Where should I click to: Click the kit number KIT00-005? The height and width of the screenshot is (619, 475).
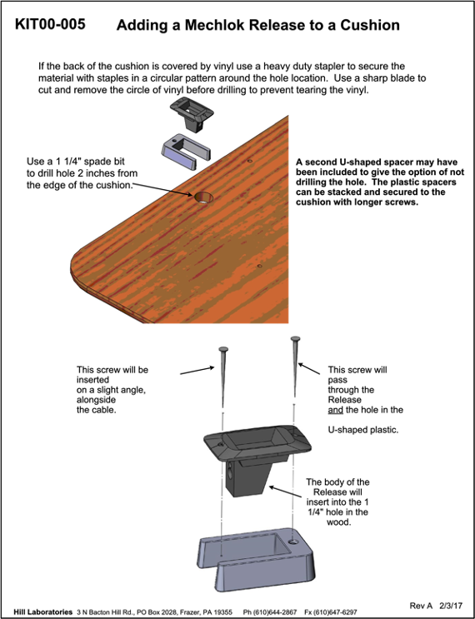(x=50, y=24)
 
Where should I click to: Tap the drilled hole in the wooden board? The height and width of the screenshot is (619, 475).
(x=203, y=197)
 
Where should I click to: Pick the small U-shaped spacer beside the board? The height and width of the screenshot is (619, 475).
(x=186, y=152)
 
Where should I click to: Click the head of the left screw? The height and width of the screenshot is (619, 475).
(x=223, y=349)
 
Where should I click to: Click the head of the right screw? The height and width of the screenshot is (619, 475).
(x=295, y=339)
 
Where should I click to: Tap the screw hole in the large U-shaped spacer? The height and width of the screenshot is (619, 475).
(x=293, y=542)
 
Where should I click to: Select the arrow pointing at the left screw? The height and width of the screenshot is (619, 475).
(x=197, y=370)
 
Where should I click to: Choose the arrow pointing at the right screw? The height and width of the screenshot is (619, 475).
(x=309, y=369)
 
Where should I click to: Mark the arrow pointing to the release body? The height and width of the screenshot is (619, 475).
(x=287, y=492)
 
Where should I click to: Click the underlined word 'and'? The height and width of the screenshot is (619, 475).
(x=336, y=410)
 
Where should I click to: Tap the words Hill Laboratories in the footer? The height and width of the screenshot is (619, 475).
(x=43, y=612)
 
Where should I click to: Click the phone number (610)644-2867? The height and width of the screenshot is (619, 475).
(x=270, y=612)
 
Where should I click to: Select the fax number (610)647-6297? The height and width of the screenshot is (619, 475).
(x=331, y=612)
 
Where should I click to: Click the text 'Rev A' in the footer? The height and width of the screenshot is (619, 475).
(x=421, y=606)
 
